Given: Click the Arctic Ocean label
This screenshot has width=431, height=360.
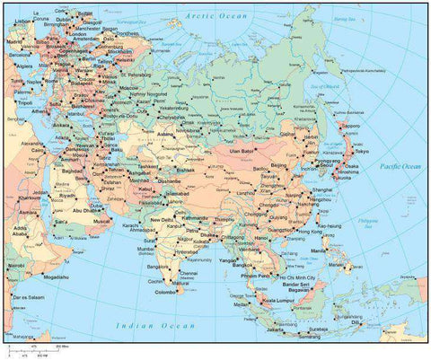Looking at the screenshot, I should (215, 16).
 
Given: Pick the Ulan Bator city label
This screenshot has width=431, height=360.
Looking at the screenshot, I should (245, 152).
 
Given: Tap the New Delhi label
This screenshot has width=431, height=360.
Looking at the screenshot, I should (163, 220).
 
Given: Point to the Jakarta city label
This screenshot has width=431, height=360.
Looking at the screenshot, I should (270, 329).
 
